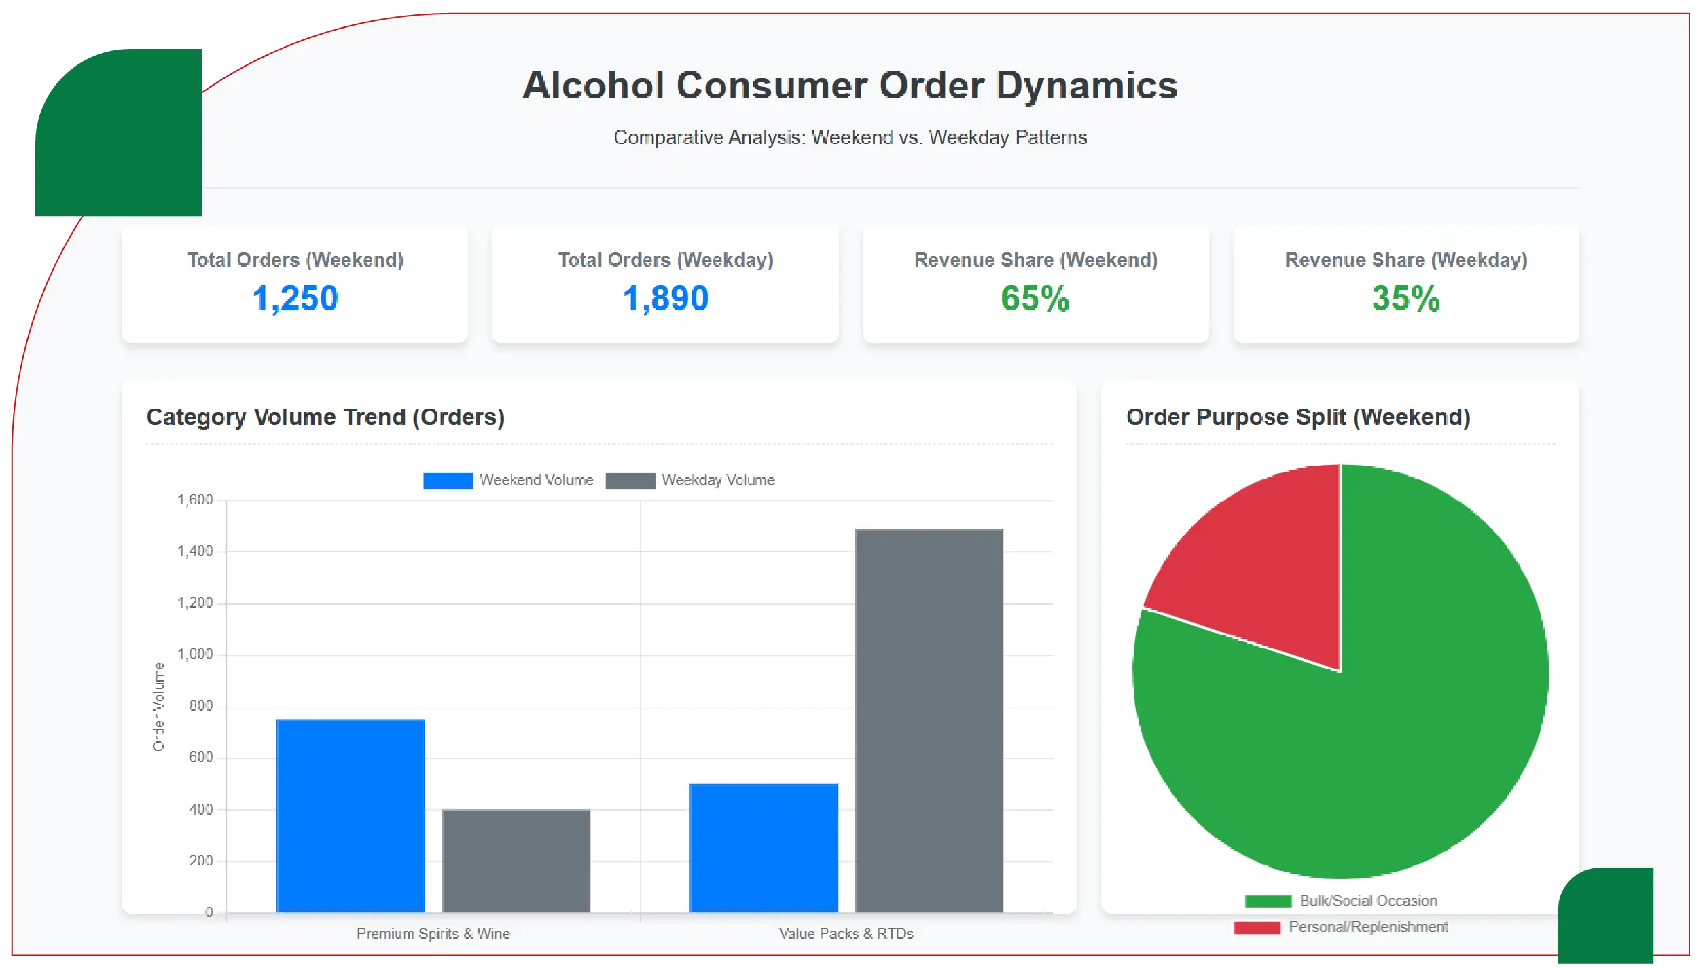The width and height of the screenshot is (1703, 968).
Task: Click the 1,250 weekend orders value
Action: (295, 299)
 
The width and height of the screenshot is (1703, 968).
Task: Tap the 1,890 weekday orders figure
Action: (665, 299)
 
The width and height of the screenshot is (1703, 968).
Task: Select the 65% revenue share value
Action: (1035, 299)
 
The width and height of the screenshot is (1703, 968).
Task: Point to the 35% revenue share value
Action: (1405, 299)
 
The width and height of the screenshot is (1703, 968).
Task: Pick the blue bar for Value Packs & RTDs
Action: (764, 848)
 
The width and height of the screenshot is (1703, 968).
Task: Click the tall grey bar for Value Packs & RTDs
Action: (929, 720)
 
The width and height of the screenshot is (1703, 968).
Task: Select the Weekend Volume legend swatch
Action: (448, 481)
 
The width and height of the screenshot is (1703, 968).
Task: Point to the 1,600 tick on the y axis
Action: (196, 500)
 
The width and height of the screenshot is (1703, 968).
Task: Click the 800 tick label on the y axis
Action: (200, 706)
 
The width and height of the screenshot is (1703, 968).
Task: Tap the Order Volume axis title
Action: (158, 707)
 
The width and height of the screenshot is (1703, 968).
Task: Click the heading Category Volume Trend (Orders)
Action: (325, 417)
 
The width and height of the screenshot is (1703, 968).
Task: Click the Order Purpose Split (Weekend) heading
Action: (1297, 417)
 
